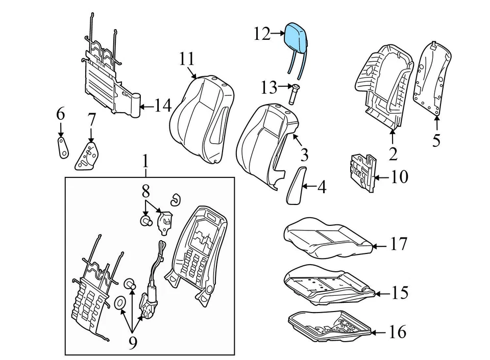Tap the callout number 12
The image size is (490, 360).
coord(261,34)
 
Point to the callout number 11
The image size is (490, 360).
coord(187,59)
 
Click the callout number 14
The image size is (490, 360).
coord(163,107)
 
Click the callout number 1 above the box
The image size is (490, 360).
coord(145,163)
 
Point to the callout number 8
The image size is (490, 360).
coord(145,192)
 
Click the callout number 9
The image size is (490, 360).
coord(133,343)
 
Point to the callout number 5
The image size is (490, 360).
coord(436,140)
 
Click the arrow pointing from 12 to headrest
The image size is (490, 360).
coord(278,34)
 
